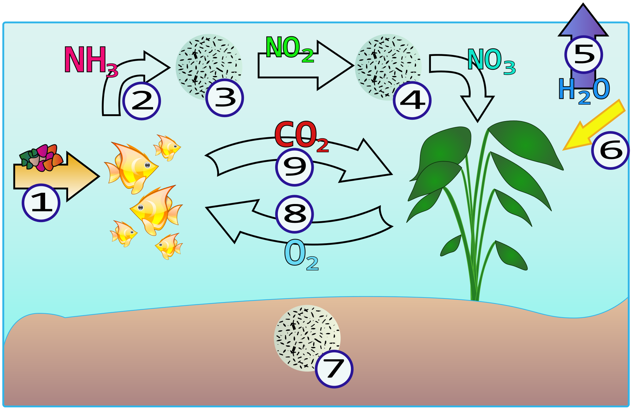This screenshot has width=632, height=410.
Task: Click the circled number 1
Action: (x=41, y=203)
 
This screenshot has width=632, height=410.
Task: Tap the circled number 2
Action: (x=142, y=101)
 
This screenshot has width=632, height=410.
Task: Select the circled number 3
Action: (x=224, y=98)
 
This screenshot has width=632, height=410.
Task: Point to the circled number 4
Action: (x=412, y=100)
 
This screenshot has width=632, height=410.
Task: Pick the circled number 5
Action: (x=584, y=54)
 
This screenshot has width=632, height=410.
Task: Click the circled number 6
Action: (x=611, y=150)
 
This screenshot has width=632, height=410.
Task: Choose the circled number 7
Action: (x=334, y=369)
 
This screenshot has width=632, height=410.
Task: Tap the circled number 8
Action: (x=295, y=214)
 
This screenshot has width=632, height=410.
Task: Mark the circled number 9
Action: (x=295, y=167)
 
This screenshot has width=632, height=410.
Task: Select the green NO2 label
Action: (x=290, y=49)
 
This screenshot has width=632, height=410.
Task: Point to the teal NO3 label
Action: (x=491, y=62)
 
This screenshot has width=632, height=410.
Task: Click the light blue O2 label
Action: (x=302, y=255)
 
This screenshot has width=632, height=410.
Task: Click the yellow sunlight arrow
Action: (x=594, y=125)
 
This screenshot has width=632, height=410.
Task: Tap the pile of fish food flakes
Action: (x=41, y=158)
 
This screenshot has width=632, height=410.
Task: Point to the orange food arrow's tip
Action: (x=99, y=176)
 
